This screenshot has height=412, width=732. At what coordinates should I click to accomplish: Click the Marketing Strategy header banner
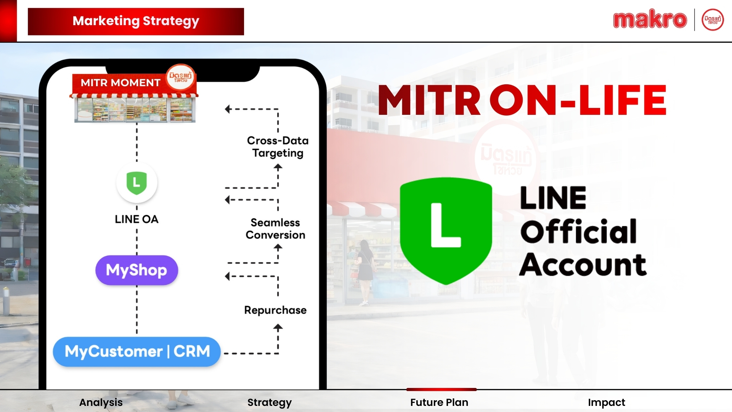pos(136,21)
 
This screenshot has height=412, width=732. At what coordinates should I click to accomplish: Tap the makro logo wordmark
pos(650,20)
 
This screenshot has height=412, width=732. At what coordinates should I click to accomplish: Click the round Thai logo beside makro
pos(713,20)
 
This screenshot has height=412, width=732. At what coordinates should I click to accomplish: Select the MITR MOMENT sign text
pos(120,83)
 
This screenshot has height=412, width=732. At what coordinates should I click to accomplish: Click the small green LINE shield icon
pos(136,183)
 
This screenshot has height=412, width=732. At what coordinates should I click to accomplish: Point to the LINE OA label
pos(136,219)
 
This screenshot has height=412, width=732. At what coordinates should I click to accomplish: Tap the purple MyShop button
pos(136,270)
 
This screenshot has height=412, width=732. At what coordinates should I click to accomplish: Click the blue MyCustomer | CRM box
pos(137,351)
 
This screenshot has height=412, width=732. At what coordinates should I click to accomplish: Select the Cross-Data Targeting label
pos(278,147)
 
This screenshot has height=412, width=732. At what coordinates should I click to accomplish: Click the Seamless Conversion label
pos(275,229)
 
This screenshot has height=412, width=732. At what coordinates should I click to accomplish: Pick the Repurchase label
pos(275,310)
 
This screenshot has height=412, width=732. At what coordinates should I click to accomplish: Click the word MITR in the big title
pos(429,100)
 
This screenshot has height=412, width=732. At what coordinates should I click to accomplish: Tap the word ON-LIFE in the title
pos(578,100)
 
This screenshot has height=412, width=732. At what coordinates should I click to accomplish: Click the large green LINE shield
pos(446,231)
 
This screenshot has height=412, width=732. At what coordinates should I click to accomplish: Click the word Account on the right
pos(583,264)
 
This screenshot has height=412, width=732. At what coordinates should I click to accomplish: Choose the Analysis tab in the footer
pos(101,402)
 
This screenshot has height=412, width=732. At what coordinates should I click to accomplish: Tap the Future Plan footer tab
pos(439,402)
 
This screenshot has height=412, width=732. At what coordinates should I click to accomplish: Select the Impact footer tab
pos(607,402)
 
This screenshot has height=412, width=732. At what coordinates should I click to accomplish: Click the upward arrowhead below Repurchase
pos(278,327)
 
